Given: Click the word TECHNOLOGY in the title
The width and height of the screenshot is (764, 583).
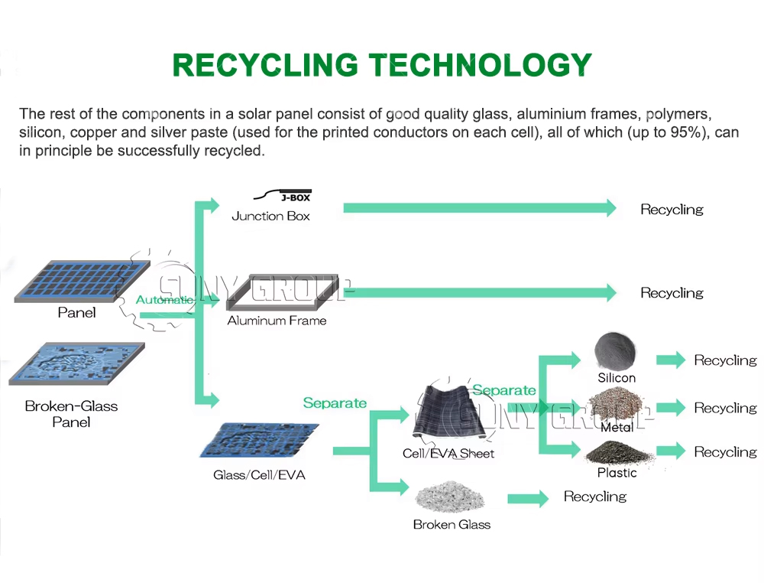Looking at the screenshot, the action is coord(480,65).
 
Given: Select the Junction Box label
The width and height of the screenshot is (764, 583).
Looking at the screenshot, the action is coord(270,216).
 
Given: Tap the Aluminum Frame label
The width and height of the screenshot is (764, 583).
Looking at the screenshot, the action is coord(277,321).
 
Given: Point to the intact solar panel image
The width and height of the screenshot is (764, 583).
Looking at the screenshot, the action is coord(82,281).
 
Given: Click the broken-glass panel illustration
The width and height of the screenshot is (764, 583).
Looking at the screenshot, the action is coord(77,363).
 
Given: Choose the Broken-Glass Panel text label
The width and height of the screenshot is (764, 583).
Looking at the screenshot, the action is coord(71,414).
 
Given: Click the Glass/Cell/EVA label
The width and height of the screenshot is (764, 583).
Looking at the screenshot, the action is coord(259,474).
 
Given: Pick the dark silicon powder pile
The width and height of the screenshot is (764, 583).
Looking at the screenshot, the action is coord(615,351).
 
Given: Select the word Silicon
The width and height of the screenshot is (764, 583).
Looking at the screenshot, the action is coord(617,378).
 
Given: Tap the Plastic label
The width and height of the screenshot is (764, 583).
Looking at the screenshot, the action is coord(617,473).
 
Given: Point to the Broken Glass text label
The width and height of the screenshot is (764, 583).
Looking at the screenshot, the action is coord(452,524).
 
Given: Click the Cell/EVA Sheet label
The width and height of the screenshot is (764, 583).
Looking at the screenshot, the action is coord(448,454).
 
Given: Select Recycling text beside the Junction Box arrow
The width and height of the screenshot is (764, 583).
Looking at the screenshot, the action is coord(672,210).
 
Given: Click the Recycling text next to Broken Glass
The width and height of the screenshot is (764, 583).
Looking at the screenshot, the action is coord(595,497).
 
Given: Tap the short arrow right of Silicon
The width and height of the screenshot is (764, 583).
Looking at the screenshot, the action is coord(671,360).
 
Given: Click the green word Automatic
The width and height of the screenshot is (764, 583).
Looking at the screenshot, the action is coord(164,300).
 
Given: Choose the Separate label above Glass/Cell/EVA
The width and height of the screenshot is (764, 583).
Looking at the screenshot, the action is coord(335,403).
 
